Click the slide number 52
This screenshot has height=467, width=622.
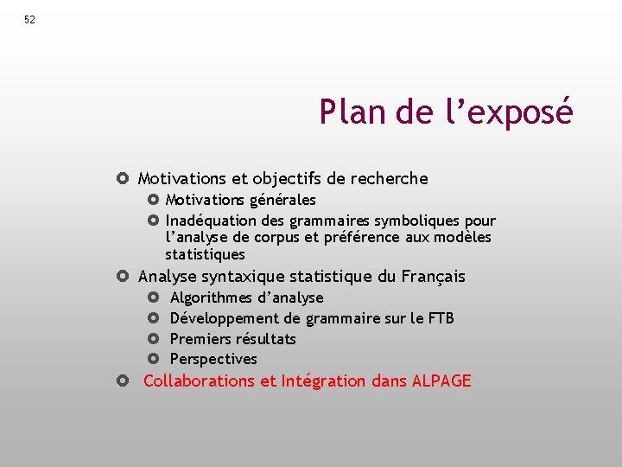click(x=30, y=20)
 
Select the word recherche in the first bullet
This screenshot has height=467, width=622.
click(x=390, y=179)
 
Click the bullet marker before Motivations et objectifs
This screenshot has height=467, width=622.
click(x=123, y=179)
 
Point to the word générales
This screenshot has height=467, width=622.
click(x=282, y=201)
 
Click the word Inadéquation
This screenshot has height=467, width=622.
click(x=209, y=221)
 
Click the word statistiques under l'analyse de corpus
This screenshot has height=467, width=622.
click(x=205, y=255)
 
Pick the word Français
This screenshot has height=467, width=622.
click(x=434, y=277)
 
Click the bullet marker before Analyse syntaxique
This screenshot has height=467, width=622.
click(x=123, y=277)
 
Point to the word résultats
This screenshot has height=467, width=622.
click(x=265, y=339)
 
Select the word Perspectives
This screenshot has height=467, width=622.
click(x=213, y=359)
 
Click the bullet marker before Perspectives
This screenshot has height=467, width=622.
click(x=154, y=359)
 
